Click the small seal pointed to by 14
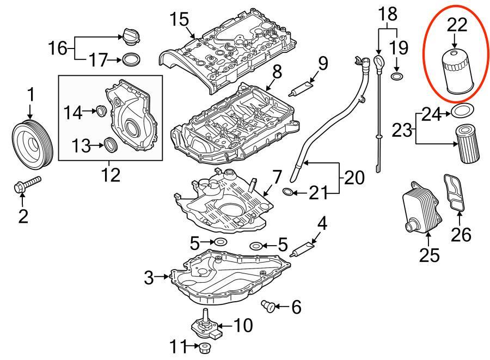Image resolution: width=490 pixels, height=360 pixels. [x=100, y=112]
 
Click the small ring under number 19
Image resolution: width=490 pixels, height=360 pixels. [x=397, y=75]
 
